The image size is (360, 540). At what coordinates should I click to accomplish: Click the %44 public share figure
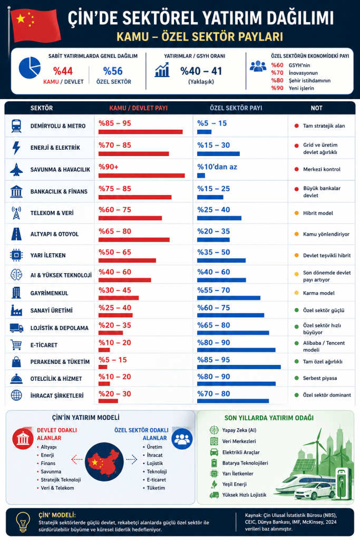pyautogui.click(x=63, y=72)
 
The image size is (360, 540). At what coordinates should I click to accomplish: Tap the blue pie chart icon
pyautogui.click(x=30, y=67)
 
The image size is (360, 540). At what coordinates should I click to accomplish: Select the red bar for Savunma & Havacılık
pyautogui.click(x=141, y=176)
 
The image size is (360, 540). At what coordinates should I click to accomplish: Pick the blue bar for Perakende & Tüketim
pyautogui.click(x=238, y=367)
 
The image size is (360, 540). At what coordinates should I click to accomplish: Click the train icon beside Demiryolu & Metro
pyautogui.click(x=16, y=126)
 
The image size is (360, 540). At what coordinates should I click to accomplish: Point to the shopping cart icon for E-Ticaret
pyautogui.click(x=16, y=345)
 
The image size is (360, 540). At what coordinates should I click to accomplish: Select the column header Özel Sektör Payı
pyautogui.click(x=229, y=108)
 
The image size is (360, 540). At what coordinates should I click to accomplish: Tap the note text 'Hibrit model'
pyautogui.click(x=317, y=214)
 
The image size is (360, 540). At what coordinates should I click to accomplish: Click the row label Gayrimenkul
pyautogui.click(x=50, y=293)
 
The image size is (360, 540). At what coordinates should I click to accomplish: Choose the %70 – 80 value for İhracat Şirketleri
pyautogui.click(x=213, y=393)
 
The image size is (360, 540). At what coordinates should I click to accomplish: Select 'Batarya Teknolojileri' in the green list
pyautogui.click(x=246, y=462)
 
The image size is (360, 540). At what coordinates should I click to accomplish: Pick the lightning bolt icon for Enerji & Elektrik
pyautogui.click(x=16, y=148)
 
